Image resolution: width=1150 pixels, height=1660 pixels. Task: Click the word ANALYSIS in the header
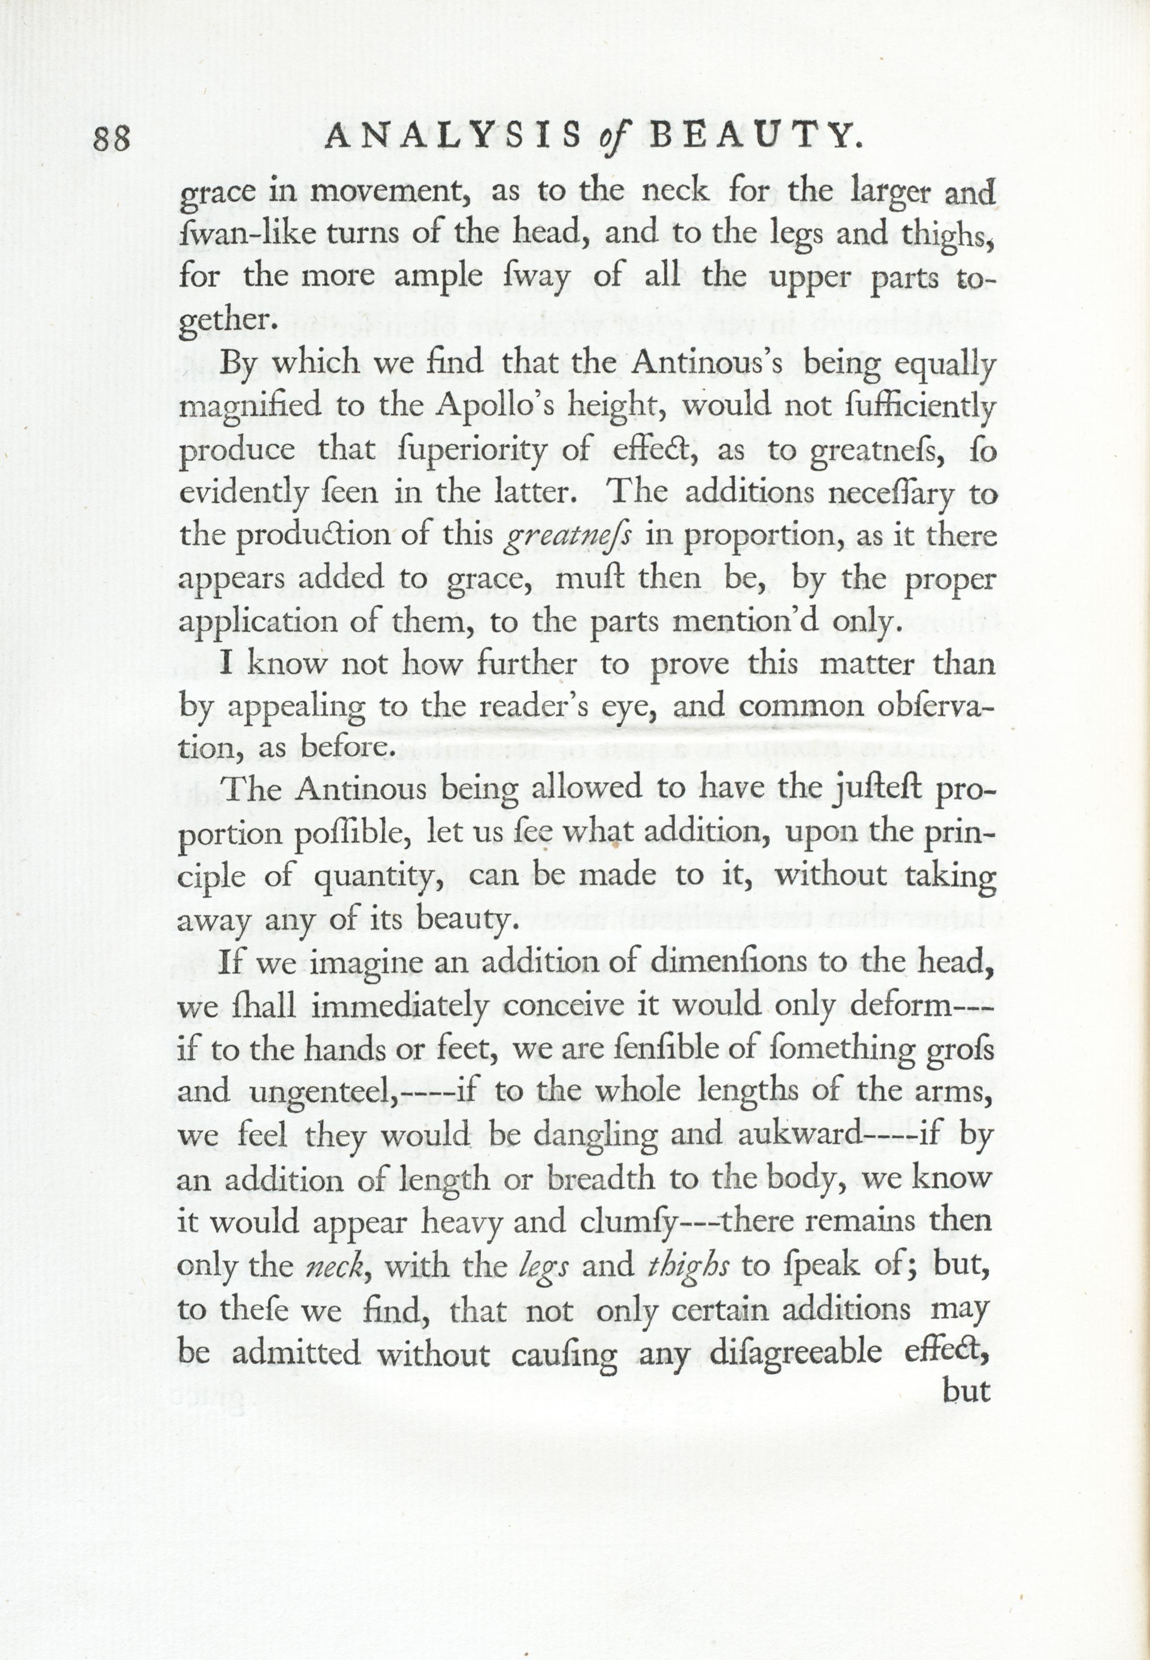coord(453,135)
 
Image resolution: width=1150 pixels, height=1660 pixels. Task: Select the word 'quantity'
coord(378,877)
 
